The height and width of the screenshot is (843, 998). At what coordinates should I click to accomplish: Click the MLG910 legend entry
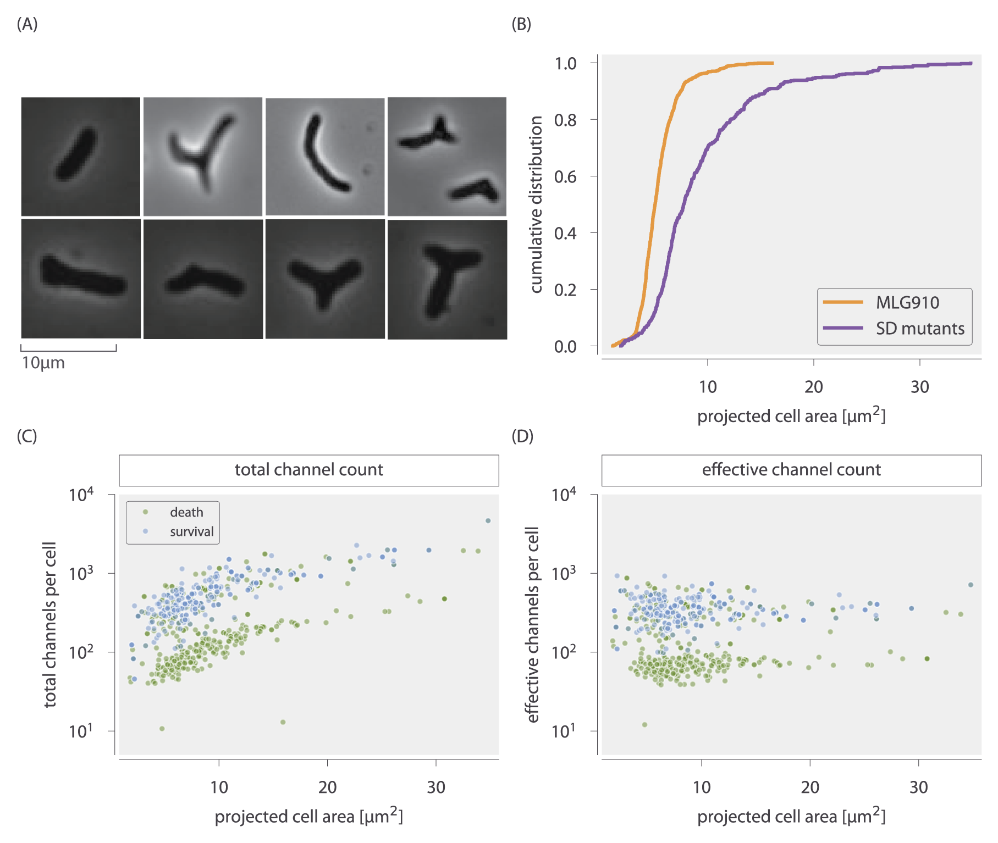pyautogui.click(x=907, y=302)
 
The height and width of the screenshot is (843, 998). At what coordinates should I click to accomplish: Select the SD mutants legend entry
pyautogui.click(x=920, y=329)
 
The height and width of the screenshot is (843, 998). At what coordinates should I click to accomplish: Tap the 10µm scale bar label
pyautogui.click(x=43, y=363)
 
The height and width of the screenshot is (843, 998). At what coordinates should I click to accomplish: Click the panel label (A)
pyautogui.click(x=27, y=24)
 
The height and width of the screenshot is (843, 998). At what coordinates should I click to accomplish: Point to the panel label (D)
pyautogui.click(x=522, y=436)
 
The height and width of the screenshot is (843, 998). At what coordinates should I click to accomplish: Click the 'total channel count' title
pyautogui.click(x=308, y=470)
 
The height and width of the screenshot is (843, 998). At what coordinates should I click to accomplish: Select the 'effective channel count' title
pyautogui.click(x=791, y=470)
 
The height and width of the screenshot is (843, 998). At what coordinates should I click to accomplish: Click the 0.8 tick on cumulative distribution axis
pyautogui.click(x=565, y=120)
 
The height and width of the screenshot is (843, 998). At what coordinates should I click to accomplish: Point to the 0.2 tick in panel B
pyautogui.click(x=565, y=290)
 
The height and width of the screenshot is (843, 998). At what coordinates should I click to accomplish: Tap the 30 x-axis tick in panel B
pyautogui.click(x=919, y=387)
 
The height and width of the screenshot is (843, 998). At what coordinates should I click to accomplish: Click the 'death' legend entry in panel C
pyautogui.click(x=186, y=512)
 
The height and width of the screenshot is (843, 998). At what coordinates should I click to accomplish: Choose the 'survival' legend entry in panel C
pyautogui.click(x=191, y=531)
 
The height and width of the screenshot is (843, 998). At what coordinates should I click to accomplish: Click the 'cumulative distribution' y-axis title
pyautogui.click(x=536, y=204)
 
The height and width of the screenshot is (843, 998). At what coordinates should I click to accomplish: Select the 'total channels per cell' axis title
pyautogui.click(x=50, y=624)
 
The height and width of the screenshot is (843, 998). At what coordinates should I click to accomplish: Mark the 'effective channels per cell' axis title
pyautogui.click(x=532, y=624)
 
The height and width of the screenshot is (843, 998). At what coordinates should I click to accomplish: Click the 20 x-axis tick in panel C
pyautogui.click(x=327, y=787)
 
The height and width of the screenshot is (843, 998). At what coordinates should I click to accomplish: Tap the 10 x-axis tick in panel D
pyautogui.click(x=702, y=787)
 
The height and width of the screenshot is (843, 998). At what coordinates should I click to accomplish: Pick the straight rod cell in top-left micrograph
pyautogui.click(x=76, y=154)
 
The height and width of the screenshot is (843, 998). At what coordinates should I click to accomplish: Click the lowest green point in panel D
pyautogui.click(x=644, y=725)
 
